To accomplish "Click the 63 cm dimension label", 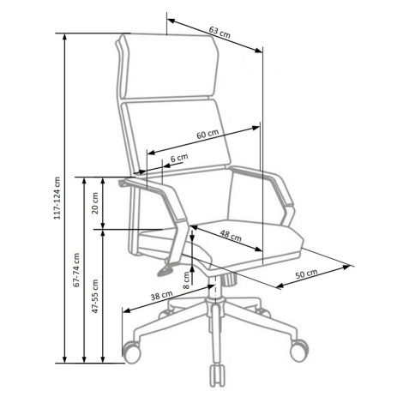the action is click(x=220, y=32).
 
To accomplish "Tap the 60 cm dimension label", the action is click(x=208, y=134).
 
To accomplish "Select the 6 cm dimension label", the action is click(x=179, y=158).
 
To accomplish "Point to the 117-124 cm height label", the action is click(x=57, y=198).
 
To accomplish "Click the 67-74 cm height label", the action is click(x=76, y=270).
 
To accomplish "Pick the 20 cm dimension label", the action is click(x=95, y=203).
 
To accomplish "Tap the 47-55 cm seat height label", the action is click(x=95, y=296).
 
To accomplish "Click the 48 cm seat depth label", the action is click(x=231, y=236).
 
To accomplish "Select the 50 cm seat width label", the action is click(x=306, y=274).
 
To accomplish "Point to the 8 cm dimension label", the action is click(x=186, y=280).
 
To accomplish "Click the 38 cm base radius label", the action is click(x=162, y=295).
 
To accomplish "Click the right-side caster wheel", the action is click(x=299, y=350).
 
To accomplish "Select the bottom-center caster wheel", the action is click(x=218, y=375).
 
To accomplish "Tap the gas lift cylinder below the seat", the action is click(x=215, y=288).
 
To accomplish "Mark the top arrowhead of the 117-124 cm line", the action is click(x=65, y=37).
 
